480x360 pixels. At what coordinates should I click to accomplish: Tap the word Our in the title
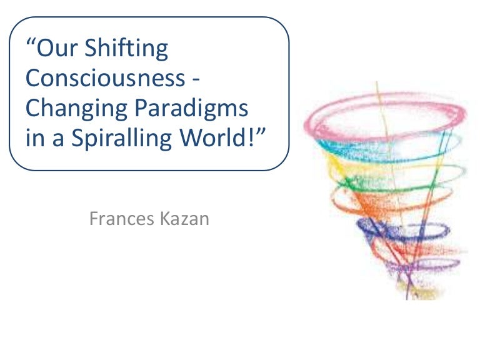(57, 49)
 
